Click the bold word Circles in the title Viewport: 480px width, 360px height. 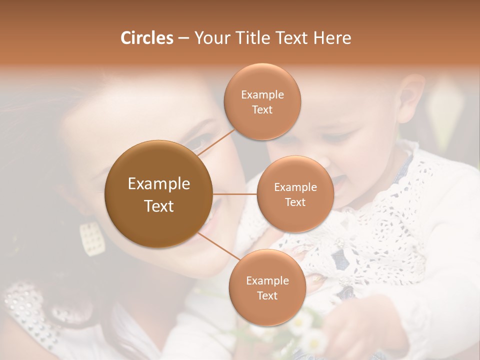click(146, 38)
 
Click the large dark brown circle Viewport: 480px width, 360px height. click(158, 194)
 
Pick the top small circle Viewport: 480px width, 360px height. click(262, 101)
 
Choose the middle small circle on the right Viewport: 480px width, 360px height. click(295, 194)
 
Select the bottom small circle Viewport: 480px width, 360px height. click(267, 287)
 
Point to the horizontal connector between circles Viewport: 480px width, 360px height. click(234, 194)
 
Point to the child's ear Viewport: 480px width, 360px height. click(411, 92)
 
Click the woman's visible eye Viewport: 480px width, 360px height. click(196, 144)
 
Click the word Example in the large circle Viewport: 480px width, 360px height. click(158, 184)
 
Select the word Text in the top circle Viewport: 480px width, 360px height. click(262, 110)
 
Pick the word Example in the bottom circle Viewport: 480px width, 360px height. click(267, 280)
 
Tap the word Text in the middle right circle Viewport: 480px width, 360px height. click(295, 202)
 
